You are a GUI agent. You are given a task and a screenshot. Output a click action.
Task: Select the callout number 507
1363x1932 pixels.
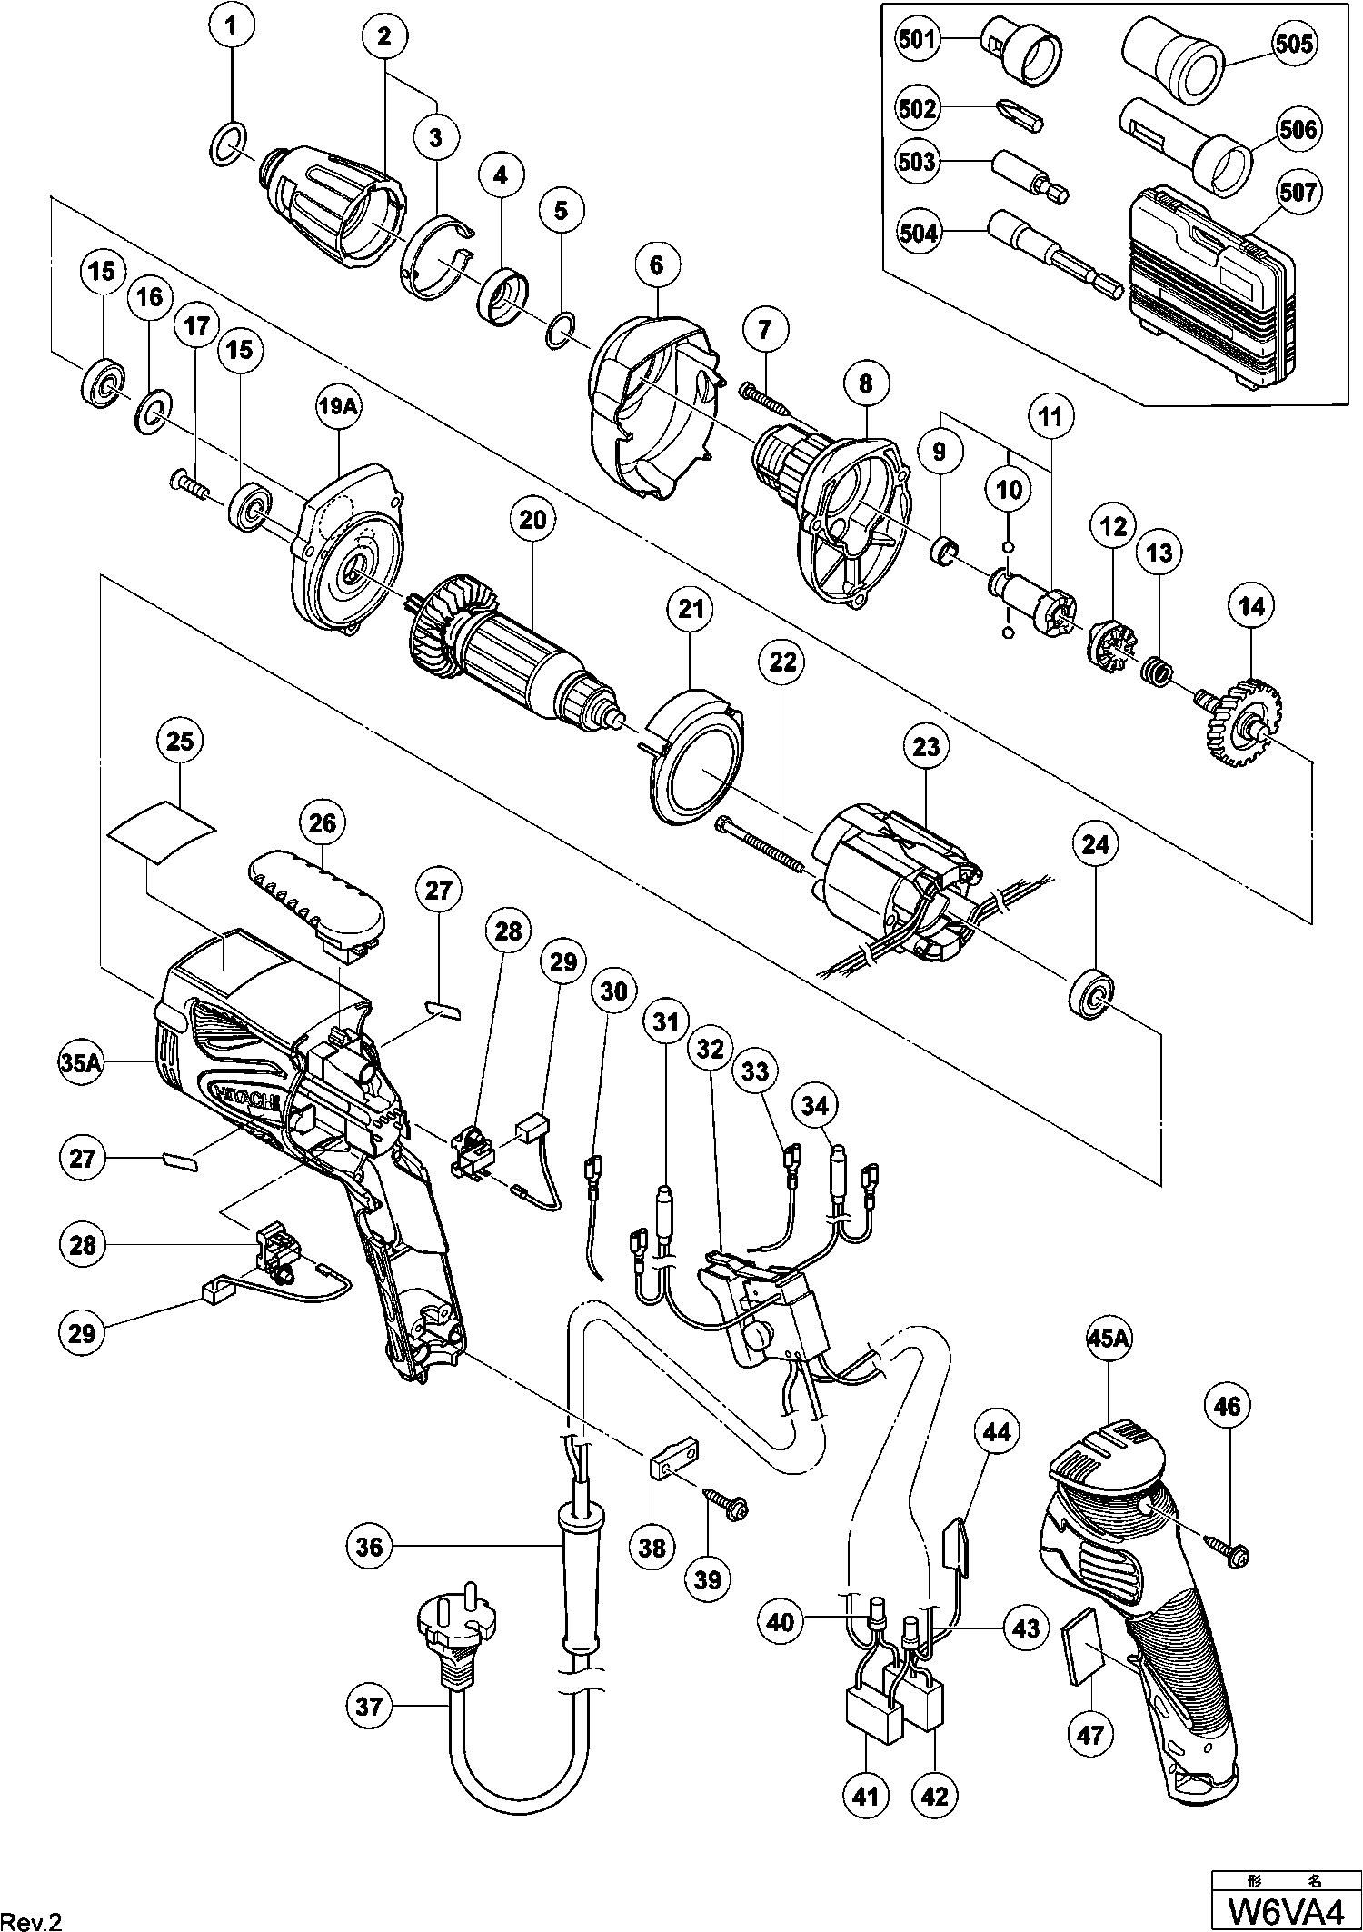click(x=1298, y=193)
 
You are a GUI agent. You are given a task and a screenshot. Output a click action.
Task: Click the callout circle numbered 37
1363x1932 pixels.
click(x=369, y=1707)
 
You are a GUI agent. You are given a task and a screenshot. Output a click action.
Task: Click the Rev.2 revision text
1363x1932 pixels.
click(x=32, y=1915)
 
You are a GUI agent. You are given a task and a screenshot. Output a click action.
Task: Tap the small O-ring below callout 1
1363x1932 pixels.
click(x=231, y=145)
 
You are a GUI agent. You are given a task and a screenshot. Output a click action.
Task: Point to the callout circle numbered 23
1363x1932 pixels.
click(x=926, y=746)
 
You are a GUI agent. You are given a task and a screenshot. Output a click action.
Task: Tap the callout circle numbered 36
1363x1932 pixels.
click(x=369, y=1546)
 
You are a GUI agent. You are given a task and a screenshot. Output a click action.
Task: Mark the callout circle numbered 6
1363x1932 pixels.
click(x=657, y=264)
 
